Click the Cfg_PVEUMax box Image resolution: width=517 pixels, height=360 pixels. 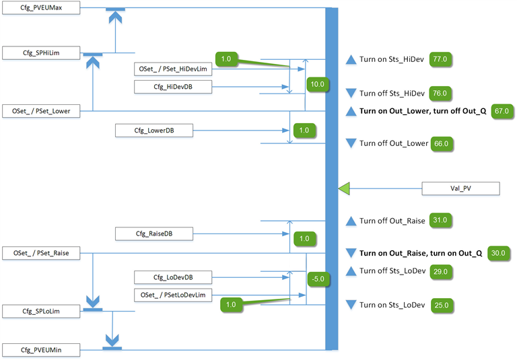[41, 8]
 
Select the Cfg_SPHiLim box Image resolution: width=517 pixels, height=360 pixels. [41, 53]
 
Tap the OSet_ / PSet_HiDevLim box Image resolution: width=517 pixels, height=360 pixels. [173, 69]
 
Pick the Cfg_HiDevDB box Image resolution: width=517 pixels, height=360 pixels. [173, 87]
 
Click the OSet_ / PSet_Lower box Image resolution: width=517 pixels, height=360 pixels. [41, 110]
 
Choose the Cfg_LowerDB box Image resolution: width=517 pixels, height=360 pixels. [154, 131]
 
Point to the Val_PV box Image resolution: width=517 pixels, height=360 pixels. [460, 189]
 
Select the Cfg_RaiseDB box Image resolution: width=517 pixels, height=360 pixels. [154, 233]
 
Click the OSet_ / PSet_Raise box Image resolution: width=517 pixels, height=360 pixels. [41, 253]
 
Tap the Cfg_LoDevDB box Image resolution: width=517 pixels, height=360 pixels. [173, 277]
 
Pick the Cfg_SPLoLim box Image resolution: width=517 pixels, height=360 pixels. [41, 310]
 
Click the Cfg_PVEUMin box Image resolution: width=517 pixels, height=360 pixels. [41, 349]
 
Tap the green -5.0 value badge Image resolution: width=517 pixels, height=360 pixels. [317, 277]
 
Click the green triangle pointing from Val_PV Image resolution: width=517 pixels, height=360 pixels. [344, 189]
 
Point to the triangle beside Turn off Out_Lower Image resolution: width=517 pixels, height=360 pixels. [350, 143]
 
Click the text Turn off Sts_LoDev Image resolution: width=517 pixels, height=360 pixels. [392, 271]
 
